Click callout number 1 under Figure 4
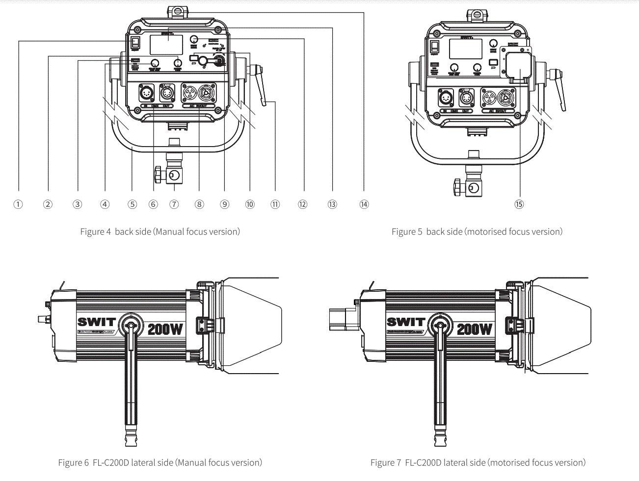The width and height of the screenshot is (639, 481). tap(18, 204)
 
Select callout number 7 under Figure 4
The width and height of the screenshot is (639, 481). tap(174, 204)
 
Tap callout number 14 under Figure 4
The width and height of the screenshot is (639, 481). tap(364, 204)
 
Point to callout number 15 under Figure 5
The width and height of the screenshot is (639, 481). tap(519, 204)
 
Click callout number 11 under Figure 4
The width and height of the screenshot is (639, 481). tap(275, 204)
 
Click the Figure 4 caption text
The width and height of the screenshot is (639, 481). tap(160, 232)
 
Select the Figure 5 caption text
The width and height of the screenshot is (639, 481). tap(477, 232)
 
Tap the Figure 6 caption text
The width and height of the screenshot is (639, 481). tap(160, 462)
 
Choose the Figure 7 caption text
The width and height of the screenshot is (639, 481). tap(478, 462)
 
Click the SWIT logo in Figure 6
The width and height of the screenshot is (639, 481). tap(96, 322)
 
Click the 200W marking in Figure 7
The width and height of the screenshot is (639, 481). tap(474, 329)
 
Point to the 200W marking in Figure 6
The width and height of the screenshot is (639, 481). tap(165, 329)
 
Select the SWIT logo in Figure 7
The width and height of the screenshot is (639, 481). tap(405, 322)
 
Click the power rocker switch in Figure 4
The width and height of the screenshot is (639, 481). tap(135, 43)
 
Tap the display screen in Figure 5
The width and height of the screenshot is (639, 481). tap(465, 49)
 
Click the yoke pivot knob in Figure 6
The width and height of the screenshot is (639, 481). tap(131, 324)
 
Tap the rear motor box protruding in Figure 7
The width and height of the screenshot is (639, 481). tap(342, 319)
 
